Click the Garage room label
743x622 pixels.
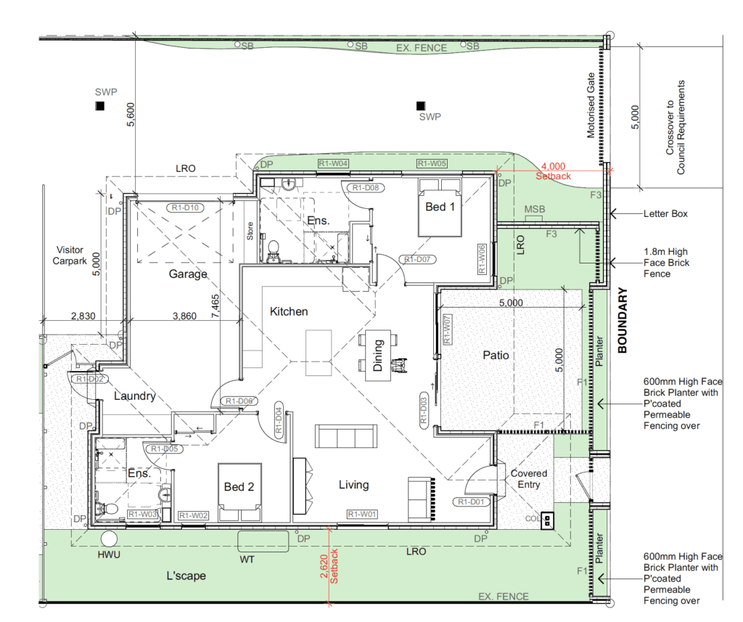[188, 274]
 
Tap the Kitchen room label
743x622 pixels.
[289, 311]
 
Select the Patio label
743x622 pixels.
[496, 356]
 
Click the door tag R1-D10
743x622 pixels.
[187, 208]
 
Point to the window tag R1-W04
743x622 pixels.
[334, 164]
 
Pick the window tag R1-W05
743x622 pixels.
[432, 164]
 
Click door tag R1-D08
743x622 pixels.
[368, 187]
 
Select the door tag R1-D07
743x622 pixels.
[418, 258]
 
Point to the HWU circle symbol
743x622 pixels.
[110, 539]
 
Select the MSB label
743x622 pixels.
[535, 210]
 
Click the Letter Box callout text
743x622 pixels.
[665, 214]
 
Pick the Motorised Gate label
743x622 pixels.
[591, 105]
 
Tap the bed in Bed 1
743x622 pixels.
[440, 211]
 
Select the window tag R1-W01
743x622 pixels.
[362, 515]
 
